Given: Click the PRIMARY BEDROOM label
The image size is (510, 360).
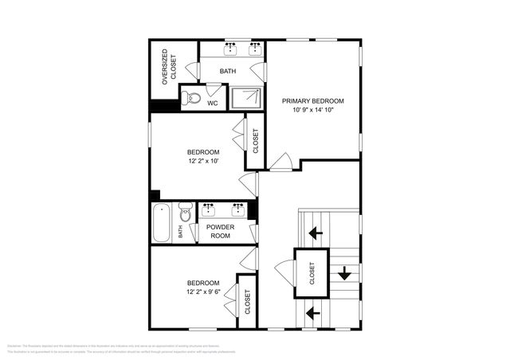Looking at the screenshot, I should tap(313, 101).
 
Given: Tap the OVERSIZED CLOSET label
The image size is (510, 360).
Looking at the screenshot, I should tap(166, 68).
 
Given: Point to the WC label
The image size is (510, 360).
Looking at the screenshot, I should tap(212, 103).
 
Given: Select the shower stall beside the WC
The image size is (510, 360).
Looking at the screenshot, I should tap(247, 98).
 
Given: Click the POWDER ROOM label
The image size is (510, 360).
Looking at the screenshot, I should tap(219, 231).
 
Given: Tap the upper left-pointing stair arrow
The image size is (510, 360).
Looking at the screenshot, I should tap(316, 233).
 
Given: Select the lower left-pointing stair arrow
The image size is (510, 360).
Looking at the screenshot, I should tap(316, 312).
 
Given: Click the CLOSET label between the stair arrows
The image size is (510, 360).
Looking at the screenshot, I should tap(312, 273).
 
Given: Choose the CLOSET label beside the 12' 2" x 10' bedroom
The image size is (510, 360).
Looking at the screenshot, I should tap(255, 141).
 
